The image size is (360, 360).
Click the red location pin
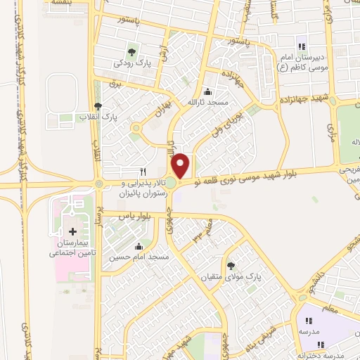181,166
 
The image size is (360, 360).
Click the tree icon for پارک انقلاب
97,106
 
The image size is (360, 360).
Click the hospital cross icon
72,231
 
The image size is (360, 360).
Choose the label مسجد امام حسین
139,257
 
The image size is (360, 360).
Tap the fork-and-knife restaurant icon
144,171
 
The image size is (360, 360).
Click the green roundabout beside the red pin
171,184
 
